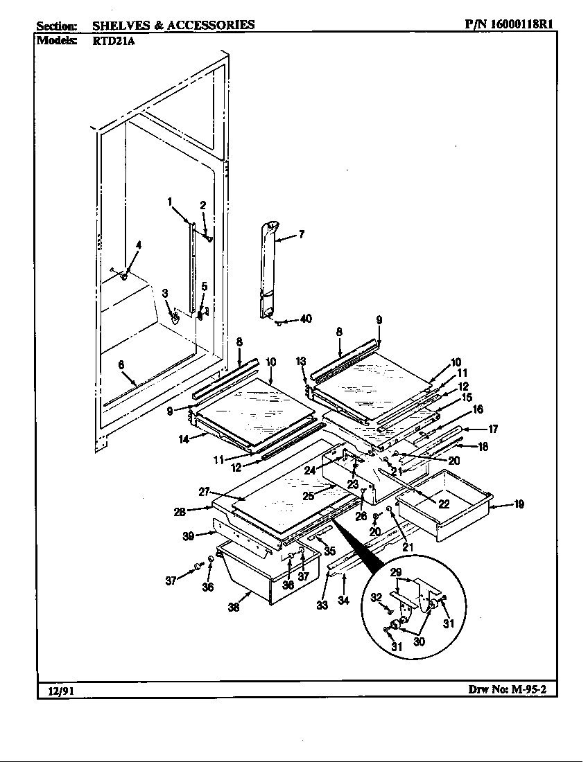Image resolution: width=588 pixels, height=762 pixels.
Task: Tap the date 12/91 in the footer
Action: (52, 690)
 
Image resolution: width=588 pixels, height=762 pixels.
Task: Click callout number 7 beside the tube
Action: (302, 234)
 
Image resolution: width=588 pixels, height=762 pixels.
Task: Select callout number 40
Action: (305, 319)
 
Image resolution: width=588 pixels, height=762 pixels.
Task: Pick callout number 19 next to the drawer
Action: (518, 505)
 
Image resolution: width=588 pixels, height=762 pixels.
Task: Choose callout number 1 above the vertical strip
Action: (169, 202)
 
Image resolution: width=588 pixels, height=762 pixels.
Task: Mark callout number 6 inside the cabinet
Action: (121, 365)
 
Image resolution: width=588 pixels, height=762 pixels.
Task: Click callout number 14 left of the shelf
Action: (184, 438)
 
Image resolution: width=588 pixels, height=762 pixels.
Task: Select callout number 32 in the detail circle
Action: (377, 597)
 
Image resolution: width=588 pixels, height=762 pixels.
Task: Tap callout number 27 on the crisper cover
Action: (204, 491)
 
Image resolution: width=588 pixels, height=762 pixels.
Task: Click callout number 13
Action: (300, 362)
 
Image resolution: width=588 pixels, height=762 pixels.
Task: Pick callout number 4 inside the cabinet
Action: (138, 245)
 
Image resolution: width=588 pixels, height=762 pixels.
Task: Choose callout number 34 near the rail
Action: (343, 600)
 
